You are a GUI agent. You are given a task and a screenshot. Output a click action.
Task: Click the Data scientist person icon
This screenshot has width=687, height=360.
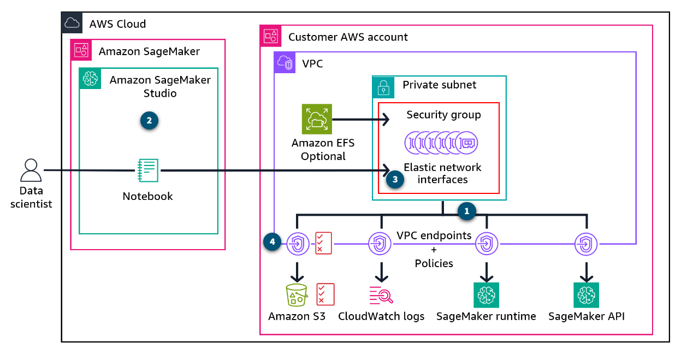pos(31,170)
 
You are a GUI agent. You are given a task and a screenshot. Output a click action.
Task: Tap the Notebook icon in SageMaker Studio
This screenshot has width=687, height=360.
pos(147,170)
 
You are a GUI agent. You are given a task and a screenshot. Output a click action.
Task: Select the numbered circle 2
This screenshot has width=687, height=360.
pos(149,121)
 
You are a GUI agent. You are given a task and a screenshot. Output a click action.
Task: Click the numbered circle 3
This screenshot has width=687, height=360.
pos(394,179)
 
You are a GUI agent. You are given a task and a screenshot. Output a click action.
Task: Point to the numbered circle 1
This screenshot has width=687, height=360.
pos(466,210)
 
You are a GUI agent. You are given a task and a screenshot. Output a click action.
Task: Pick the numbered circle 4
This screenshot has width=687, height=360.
pos(272,242)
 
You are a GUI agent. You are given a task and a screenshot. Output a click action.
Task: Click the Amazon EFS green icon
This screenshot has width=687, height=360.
pos(317,119)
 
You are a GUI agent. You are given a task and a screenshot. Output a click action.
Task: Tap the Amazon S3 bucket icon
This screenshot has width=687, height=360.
pos(297,295)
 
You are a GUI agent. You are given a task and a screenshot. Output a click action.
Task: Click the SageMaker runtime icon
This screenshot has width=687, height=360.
pos(486,295)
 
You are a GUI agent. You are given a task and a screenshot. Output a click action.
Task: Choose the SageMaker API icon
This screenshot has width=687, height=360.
pos(586,295)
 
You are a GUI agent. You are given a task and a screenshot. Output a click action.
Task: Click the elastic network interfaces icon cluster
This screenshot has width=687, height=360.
pos(442,143)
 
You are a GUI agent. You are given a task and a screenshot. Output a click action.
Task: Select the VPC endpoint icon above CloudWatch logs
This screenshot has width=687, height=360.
pos(380,243)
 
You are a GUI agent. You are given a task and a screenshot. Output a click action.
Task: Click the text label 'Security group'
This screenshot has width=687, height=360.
pos(443,115)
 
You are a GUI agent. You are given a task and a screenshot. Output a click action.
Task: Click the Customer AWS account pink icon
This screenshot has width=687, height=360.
pos(271,37)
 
